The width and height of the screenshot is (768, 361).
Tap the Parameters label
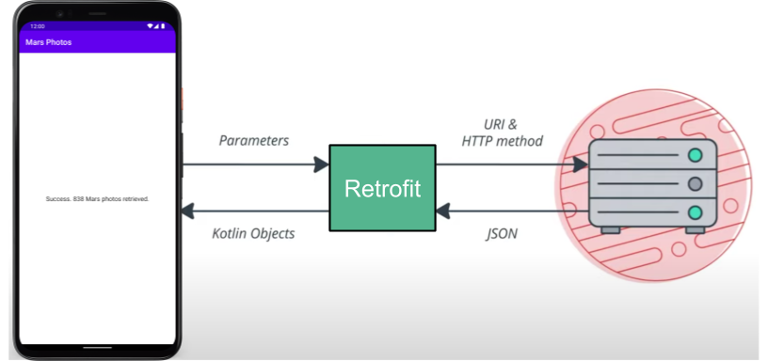pos(253,140)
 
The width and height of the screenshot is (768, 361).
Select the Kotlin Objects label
pos(253,233)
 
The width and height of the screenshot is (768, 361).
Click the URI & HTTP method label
pos(502,133)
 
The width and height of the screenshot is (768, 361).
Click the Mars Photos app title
pos(48,42)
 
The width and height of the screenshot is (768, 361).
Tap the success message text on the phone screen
pos(97,199)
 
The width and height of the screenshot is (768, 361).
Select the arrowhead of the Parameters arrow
pos(321,165)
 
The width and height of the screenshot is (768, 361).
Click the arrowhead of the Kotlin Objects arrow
pos(189,211)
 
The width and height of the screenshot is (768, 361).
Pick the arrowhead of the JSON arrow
pos(443,211)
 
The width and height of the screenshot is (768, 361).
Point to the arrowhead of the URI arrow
pos(581,165)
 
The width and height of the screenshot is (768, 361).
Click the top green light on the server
pos(695,155)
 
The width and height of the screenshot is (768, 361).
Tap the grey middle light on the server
pos(695,183)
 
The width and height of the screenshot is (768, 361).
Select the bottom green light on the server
pos(695,212)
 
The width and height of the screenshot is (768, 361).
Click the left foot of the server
pos(610,228)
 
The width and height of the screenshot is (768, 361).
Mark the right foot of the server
pos(695,228)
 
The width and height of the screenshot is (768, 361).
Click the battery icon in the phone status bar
pos(163,26)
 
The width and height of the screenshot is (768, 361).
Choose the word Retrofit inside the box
pos(382,188)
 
